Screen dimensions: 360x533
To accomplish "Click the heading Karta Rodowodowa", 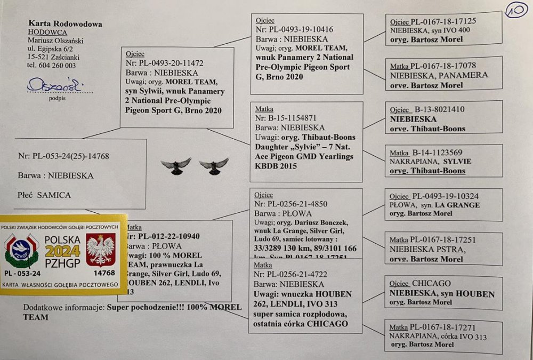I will (x=65, y=24).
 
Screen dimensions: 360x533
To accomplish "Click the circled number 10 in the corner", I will (x=516, y=11).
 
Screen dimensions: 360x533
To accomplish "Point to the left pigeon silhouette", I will (x=176, y=165).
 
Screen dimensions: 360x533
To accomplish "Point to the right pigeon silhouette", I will (x=214, y=165).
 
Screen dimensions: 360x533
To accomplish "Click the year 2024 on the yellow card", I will (x=62, y=251).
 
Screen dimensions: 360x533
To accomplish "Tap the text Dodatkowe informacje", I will (x=63, y=308).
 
